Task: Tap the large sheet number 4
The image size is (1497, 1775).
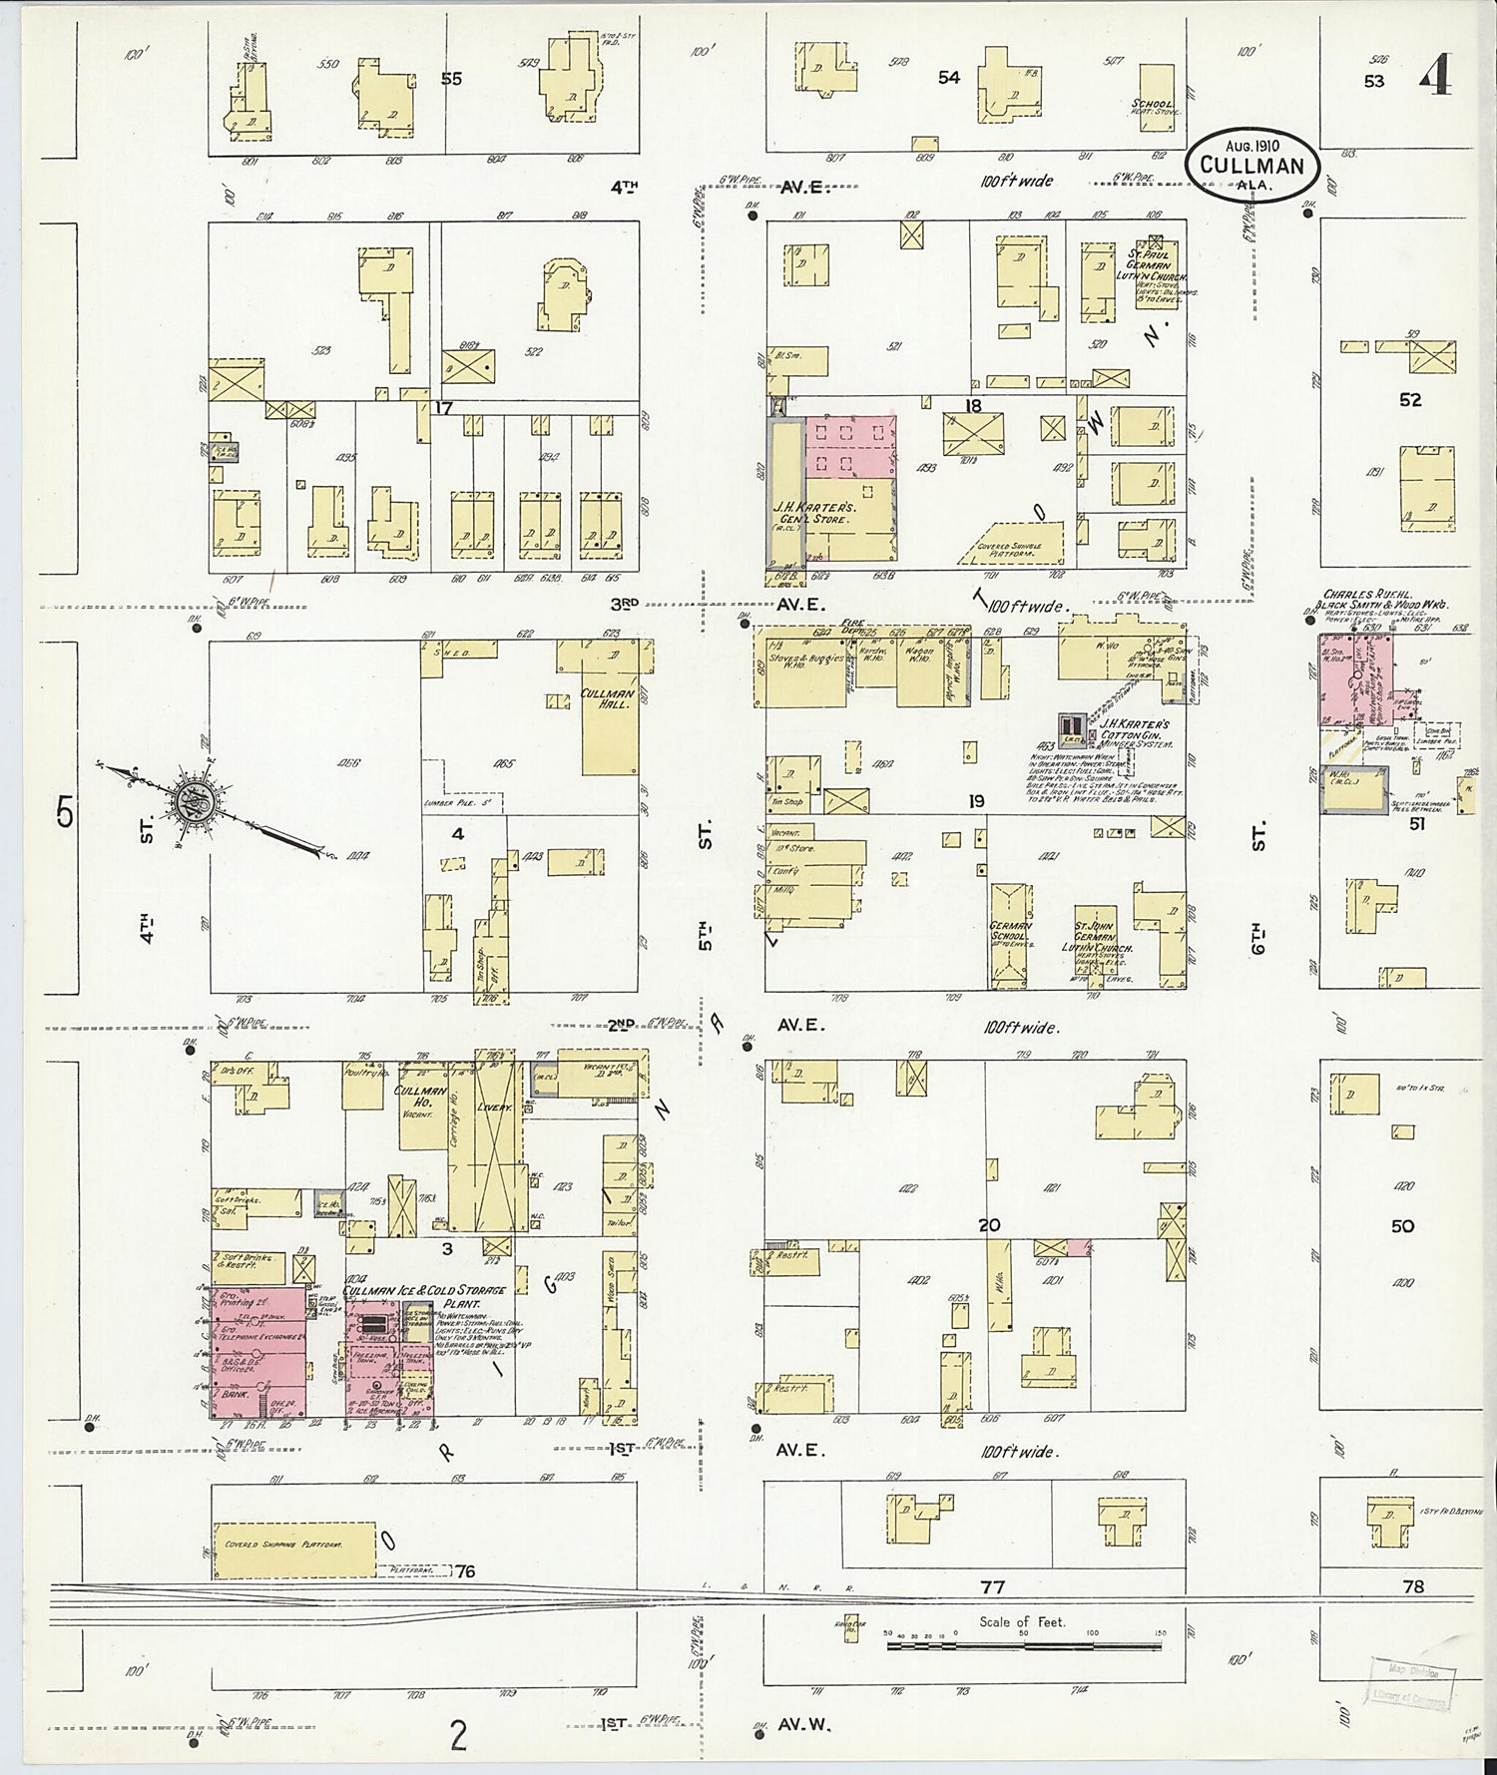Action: tap(1437, 73)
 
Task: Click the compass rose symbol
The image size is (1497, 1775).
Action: tap(190, 798)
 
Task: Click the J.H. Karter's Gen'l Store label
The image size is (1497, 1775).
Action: tap(811, 512)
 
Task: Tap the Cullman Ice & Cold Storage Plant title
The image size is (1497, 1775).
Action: tap(424, 1296)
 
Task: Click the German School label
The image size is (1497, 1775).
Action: tap(1010, 933)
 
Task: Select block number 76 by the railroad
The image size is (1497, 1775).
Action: tap(464, 1572)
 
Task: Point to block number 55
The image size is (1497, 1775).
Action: tap(451, 78)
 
